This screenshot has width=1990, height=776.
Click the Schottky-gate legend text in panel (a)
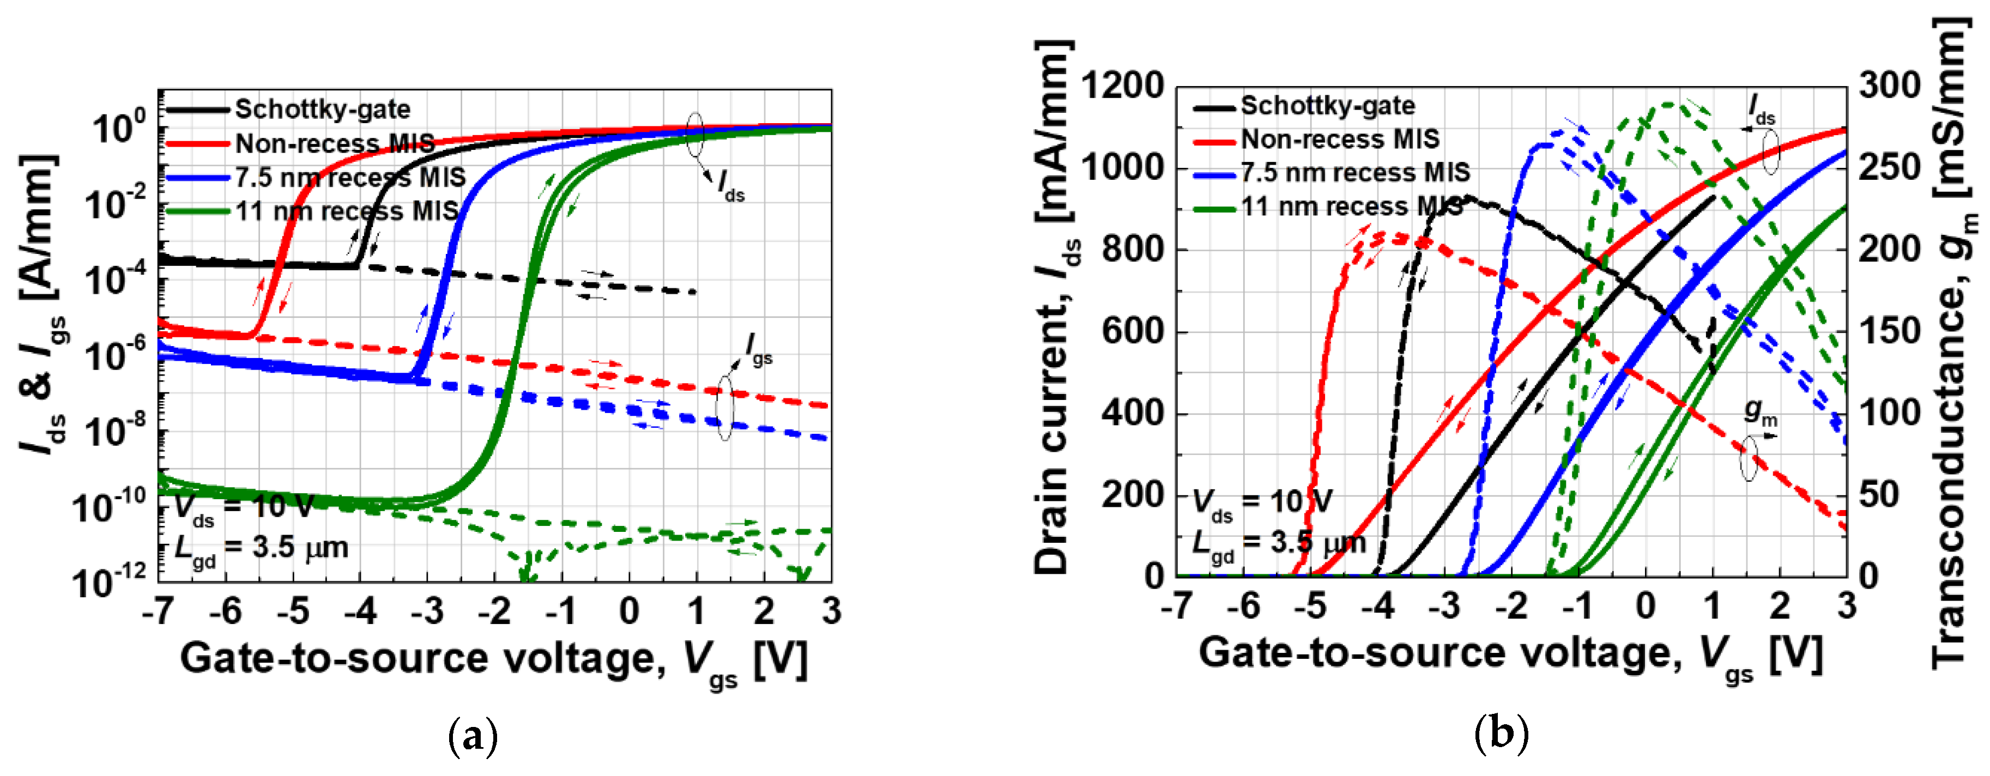click(x=322, y=110)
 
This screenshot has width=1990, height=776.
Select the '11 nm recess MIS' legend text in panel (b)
click(x=1352, y=207)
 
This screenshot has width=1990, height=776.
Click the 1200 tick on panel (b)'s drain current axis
click(x=1121, y=86)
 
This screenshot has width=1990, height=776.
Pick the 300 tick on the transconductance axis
click(x=1889, y=86)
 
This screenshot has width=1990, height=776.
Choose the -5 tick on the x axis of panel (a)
click(x=293, y=611)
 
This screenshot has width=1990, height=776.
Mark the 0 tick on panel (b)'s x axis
click(x=1646, y=606)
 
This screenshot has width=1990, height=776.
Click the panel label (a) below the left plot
click(x=473, y=736)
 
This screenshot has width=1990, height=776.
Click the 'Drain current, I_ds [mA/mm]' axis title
click(x=1055, y=309)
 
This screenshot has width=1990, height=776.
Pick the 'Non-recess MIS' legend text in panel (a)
click(x=335, y=144)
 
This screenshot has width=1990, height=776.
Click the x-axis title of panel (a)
click(x=494, y=660)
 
